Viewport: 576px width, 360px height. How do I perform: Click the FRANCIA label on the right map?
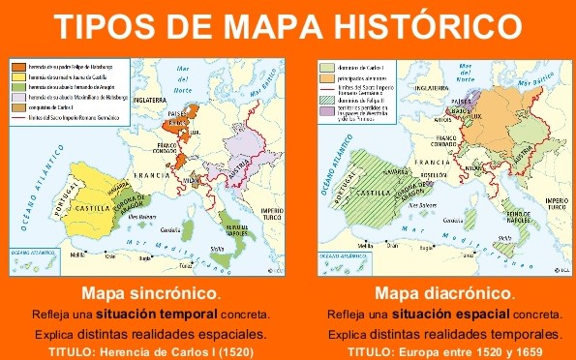click(429, 163)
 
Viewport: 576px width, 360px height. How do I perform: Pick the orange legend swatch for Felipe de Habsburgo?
click(18, 64)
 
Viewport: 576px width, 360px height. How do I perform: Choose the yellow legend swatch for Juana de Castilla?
click(18, 75)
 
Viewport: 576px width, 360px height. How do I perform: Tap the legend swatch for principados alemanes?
click(326, 75)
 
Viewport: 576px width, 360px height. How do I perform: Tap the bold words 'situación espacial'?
click(466, 315)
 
